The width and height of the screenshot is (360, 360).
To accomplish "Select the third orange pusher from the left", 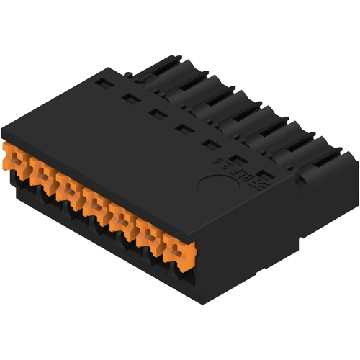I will (x=69, y=189).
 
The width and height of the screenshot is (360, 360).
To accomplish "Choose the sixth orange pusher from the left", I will (x=149, y=235).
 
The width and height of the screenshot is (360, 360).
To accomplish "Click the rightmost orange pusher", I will (x=176, y=251).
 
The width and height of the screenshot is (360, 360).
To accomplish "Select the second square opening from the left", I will (x=130, y=98).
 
